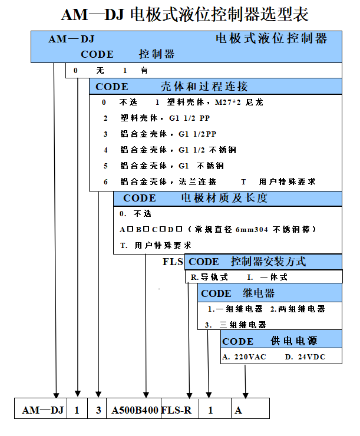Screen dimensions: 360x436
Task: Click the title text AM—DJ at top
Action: click(92, 15)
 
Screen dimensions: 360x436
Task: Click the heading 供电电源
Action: click(294, 341)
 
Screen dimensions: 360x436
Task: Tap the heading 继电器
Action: click(259, 293)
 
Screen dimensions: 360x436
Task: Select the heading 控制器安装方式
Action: click(268, 262)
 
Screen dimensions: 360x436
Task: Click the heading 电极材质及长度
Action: click(224, 198)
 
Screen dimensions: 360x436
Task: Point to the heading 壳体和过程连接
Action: click(204, 87)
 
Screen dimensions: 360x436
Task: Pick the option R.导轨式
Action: click(209, 278)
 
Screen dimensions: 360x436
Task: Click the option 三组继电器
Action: click(243, 325)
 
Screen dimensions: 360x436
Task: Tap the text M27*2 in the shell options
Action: click(228, 103)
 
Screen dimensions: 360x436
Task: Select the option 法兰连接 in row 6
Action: click(197, 181)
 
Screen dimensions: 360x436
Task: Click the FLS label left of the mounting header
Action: click(173, 262)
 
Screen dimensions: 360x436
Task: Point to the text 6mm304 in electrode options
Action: click(252, 230)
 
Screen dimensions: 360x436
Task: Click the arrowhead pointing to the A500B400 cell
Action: click(146, 395)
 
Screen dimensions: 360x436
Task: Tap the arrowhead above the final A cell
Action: click(245, 395)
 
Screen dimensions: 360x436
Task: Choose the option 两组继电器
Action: click(298, 309)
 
